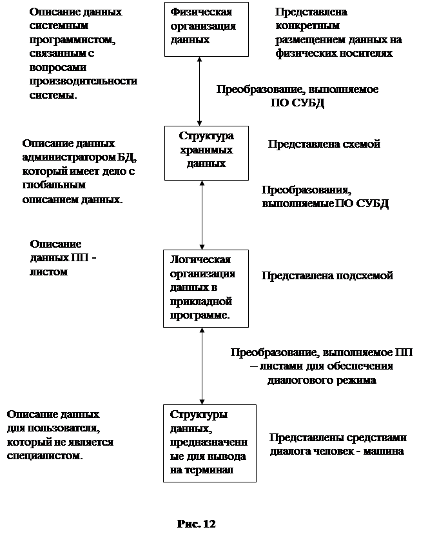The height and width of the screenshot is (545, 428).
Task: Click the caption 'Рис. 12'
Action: pos(197,523)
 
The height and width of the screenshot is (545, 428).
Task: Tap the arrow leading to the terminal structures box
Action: pos(202,365)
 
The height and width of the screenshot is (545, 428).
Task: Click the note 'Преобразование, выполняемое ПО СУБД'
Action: pos(297,96)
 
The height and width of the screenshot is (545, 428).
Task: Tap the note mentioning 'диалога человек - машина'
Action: pos(344,444)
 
